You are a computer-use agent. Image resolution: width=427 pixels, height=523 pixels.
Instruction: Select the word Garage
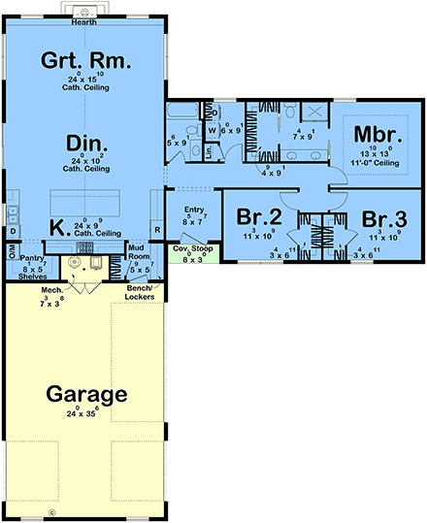(84, 395)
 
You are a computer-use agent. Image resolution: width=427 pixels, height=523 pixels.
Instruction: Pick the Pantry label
(32, 258)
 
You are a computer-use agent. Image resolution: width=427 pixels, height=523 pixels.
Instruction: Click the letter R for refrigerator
(157, 230)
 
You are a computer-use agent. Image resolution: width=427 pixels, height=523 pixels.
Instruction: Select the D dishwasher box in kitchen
(12, 232)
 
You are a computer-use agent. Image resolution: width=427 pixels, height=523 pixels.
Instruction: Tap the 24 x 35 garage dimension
(84, 414)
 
